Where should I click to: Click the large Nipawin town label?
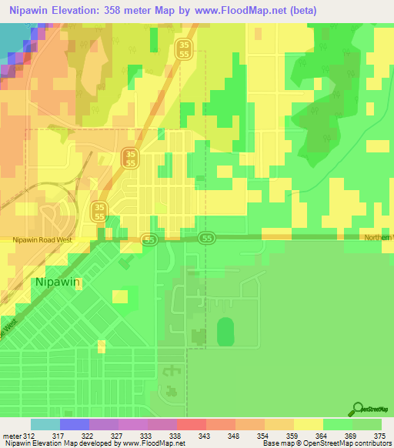58,282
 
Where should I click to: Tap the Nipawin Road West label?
43,240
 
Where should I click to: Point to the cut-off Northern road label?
379,237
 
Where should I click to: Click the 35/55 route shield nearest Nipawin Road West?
98,211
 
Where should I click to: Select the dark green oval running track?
225,333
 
